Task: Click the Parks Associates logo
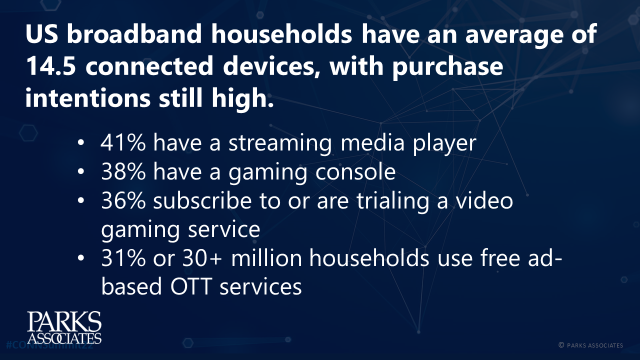pyautogui.click(x=63, y=327)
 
